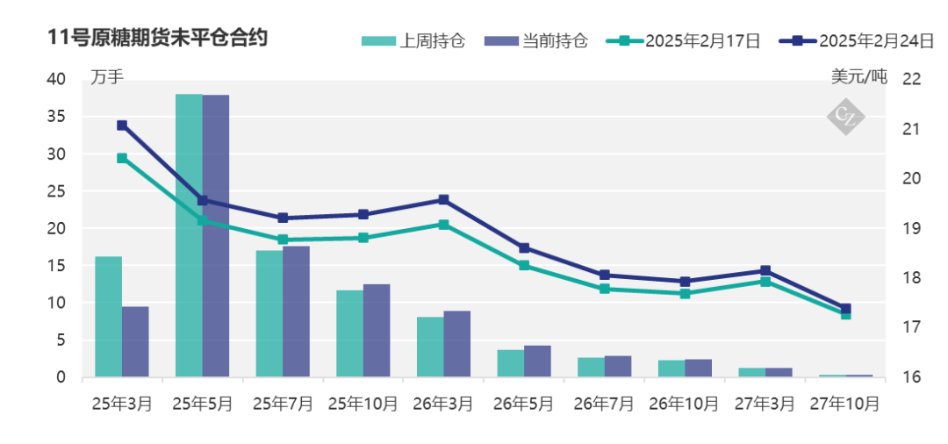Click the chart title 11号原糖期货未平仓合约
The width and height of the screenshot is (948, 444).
coord(159,38)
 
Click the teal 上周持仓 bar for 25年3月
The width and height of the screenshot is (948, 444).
coord(108,317)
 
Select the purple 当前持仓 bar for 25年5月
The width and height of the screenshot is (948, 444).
coord(216,236)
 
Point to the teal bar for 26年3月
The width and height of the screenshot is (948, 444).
coord(430,347)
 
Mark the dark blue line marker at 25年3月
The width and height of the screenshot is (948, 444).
coord(122,125)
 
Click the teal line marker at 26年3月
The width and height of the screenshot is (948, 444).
coord(443,225)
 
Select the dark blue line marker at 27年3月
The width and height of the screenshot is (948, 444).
coord(765,270)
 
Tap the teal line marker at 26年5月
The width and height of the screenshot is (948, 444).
coord(524,265)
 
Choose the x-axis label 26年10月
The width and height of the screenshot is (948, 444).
coord(685,404)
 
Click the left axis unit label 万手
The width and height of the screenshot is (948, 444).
coord(107,77)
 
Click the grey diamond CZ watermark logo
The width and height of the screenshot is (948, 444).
coord(846,116)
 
